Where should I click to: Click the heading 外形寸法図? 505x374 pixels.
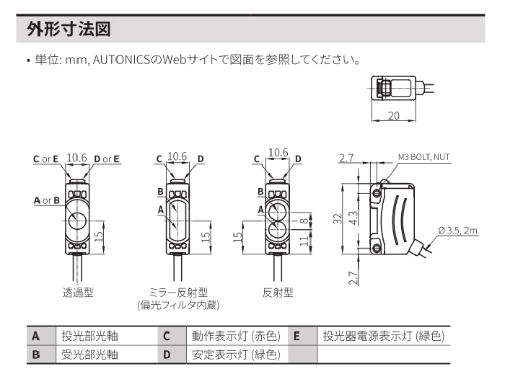(x=70, y=30)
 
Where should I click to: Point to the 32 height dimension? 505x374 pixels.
(x=336, y=220)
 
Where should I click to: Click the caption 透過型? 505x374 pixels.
(x=77, y=293)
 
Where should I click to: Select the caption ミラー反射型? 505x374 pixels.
(x=178, y=293)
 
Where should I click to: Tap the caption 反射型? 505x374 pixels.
(x=278, y=293)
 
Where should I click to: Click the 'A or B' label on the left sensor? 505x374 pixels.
(x=46, y=200)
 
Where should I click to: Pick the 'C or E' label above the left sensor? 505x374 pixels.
(x=45, y=159)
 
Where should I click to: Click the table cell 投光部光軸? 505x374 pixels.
(x=89, y=336)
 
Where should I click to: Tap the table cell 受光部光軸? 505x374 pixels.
(x=89, y=354)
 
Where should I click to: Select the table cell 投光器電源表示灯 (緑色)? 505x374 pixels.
(x=383, y=336)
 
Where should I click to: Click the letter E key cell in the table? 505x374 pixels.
(x=297, y=336)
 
